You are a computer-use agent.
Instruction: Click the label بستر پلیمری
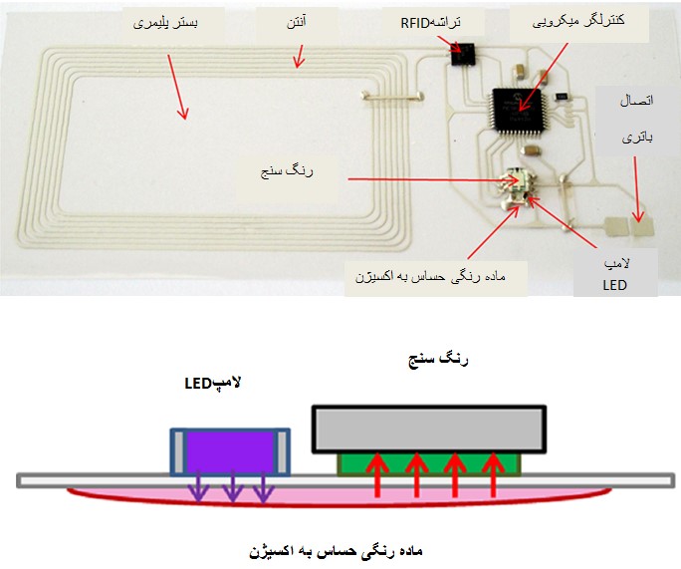[x=164, y=22]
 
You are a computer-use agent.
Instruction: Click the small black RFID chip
[x=461, y=52]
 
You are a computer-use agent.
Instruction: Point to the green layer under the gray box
[x=429, y=461]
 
